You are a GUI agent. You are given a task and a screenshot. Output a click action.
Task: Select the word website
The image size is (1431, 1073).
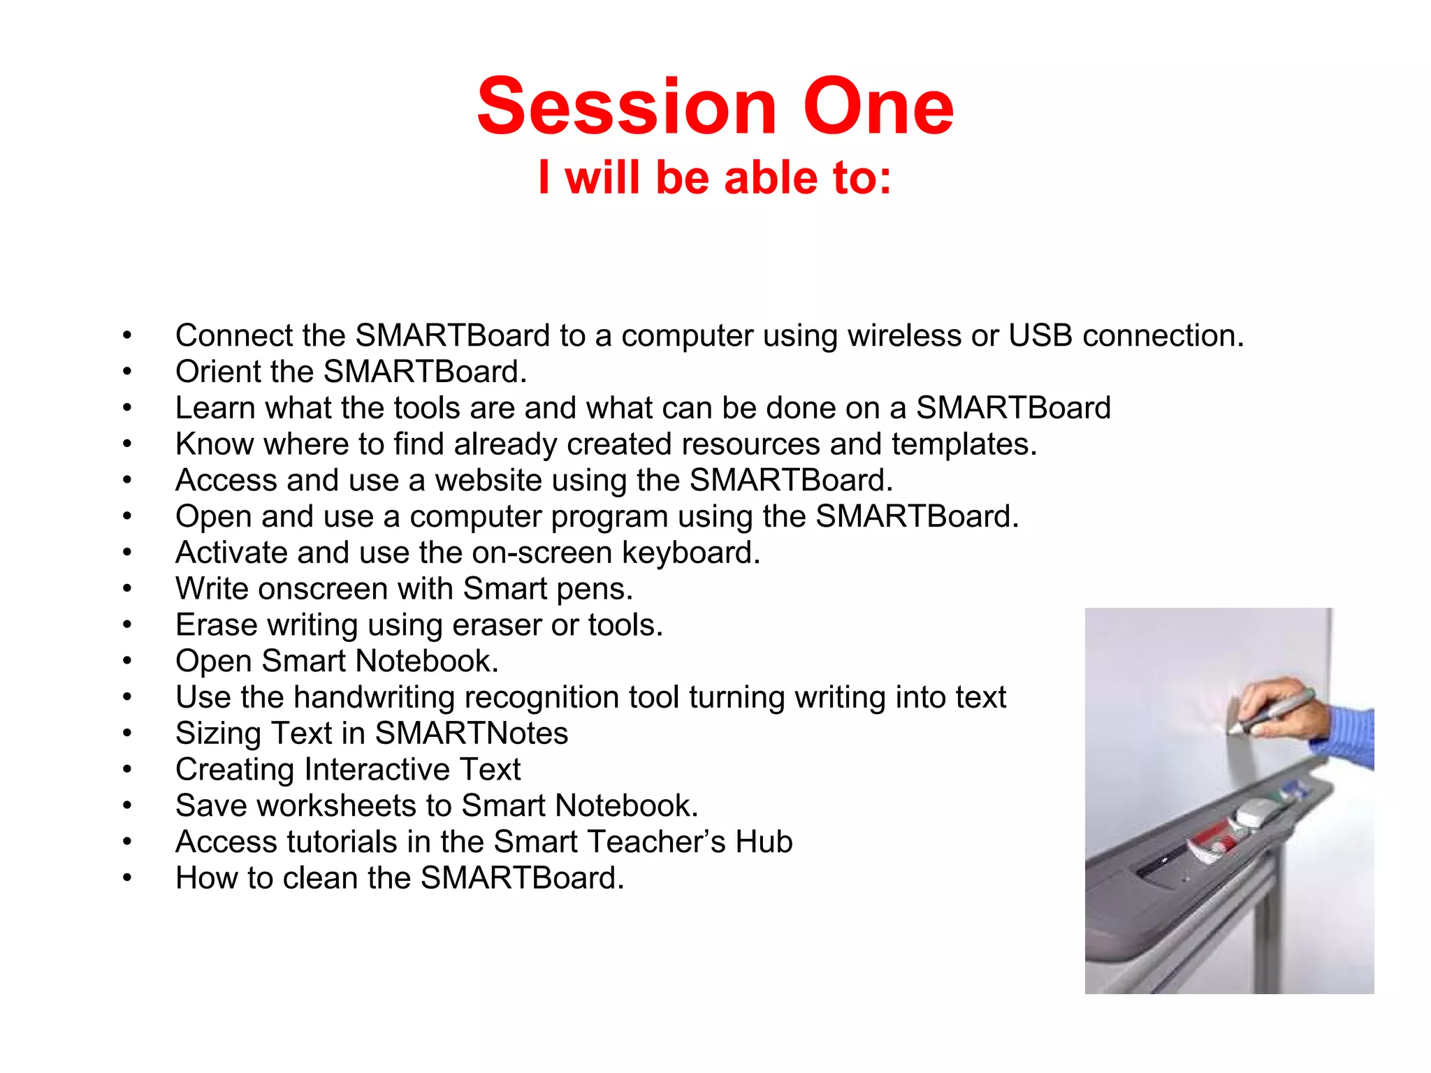[488, 481]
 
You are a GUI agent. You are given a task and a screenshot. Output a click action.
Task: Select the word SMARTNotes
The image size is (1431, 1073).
[472, 733]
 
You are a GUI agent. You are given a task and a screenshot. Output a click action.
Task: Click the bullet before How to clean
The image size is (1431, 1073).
[126, 878]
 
